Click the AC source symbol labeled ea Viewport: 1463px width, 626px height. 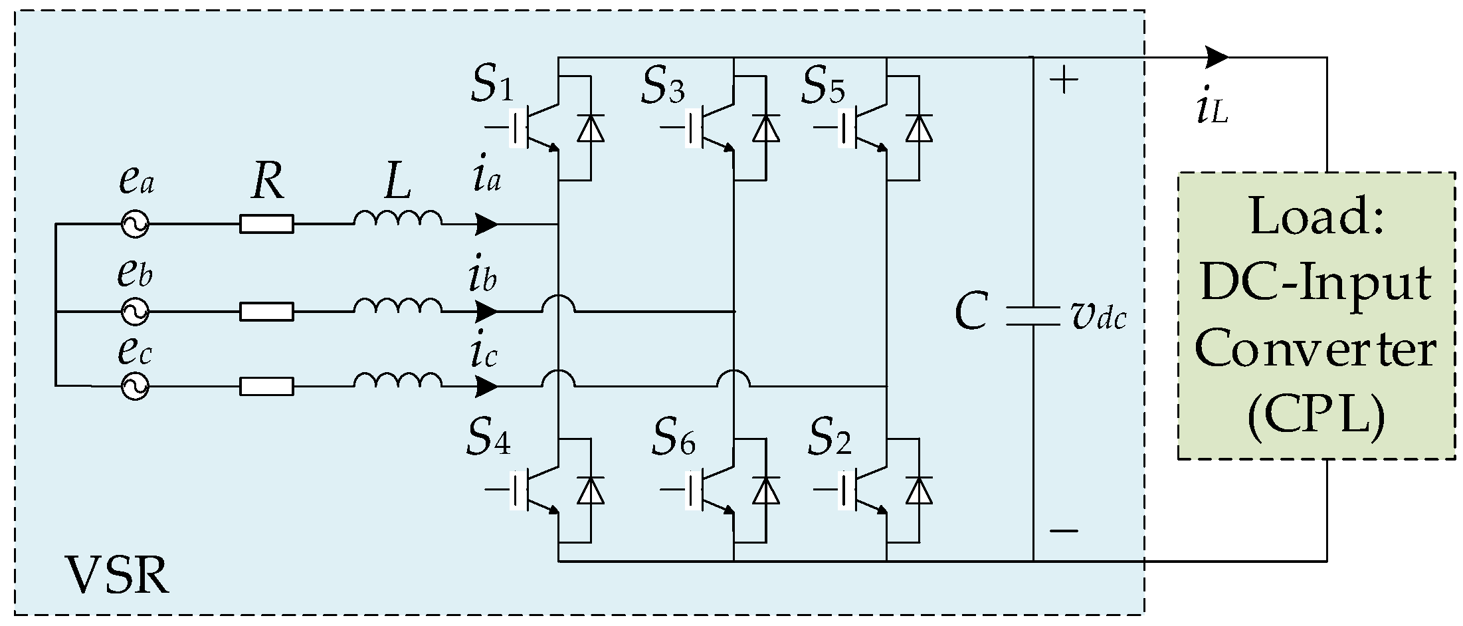point(134,225)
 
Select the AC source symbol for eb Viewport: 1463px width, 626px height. point(134,311)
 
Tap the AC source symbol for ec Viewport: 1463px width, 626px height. point(134,386)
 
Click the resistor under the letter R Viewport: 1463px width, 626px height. point(266,225)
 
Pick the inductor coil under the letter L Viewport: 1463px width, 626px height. point(397,219)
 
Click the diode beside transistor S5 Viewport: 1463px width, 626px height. point(919,128)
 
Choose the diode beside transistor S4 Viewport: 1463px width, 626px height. point(590,490)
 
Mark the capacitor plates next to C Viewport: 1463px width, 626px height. point(1032,316)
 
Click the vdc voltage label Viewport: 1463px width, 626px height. point(1098,318)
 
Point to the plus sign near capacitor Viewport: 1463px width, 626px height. point(1064,81)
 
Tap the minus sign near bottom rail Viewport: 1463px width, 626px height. point(1064,530)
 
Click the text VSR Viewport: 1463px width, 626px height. point(117,575)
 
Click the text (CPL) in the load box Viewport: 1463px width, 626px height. point(1316,417)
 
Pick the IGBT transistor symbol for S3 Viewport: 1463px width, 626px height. point(708,128)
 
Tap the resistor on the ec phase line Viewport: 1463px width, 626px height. point(266,386)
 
